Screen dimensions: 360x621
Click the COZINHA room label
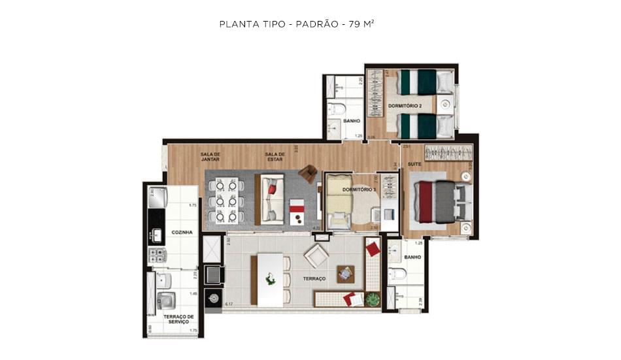(x=182, y=233)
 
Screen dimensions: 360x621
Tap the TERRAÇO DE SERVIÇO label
(x=178, y=319)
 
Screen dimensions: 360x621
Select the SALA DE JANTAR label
(x=210, y=156)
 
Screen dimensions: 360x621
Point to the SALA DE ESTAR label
(x=274, y=156)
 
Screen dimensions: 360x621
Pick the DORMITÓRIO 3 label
(x=356, y=189)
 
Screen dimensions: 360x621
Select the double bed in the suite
(x=444, y=201)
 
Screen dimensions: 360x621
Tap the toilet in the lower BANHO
(x=396, y=273)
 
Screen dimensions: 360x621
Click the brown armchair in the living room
(x=307, y=174)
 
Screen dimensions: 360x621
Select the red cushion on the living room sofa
(x=272, y=189)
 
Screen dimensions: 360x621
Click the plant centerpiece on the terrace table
(x=270, y=280)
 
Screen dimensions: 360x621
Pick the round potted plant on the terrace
(x=372, y=300)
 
